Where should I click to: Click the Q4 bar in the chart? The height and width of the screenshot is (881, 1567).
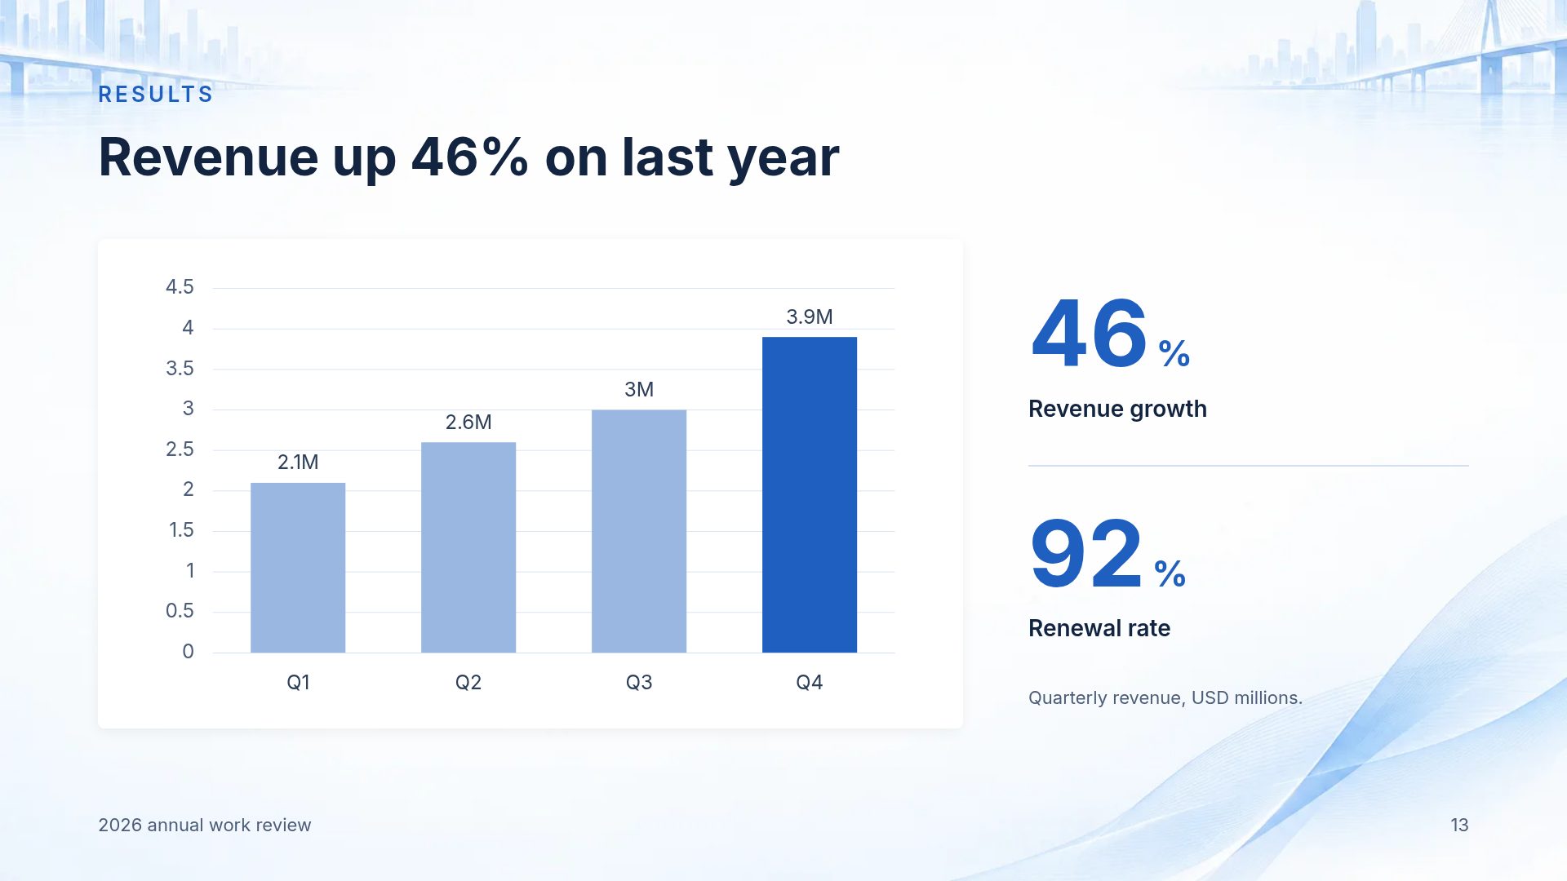coord(810,494)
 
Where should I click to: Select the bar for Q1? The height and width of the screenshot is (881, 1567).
coord(298,568)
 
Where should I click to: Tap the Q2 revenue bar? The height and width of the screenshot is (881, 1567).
coord(468,547)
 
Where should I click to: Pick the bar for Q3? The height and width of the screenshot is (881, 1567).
coord(639,531)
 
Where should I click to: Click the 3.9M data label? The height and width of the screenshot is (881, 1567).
coord(810,317)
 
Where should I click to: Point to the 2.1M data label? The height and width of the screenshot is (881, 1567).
coord(298,463)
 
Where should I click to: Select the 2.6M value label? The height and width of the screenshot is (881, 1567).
coord(468,422)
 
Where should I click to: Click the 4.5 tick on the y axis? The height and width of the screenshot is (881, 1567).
coord(180,287)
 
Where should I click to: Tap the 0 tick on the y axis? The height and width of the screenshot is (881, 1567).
coord(188,652)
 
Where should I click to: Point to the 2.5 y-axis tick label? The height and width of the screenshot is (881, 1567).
coord(180,449)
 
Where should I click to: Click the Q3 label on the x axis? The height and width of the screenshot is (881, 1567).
coord(639,683)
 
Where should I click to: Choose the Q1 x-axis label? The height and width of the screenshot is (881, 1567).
coord(298,683)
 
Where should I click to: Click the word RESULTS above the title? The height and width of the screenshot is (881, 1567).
coord(156,95)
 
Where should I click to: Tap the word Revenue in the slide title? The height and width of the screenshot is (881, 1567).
coord(207,157)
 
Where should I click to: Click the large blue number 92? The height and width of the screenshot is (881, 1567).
coord(1086,554)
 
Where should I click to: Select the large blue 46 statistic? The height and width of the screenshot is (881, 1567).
coord(1090,334)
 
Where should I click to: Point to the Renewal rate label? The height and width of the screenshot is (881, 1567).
coord(1099,628)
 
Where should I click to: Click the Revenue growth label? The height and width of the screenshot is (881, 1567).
coord(1117,409)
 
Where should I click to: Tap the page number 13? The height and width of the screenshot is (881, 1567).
coord(1459,826)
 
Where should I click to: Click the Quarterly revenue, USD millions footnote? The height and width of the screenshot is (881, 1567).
coord(1165,698)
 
